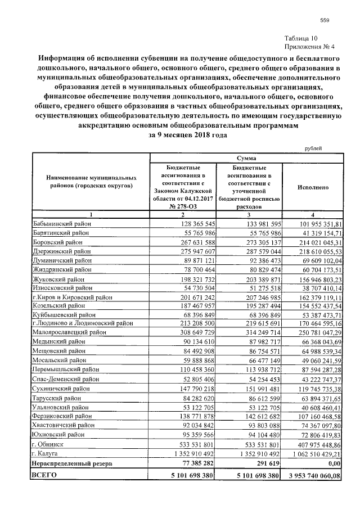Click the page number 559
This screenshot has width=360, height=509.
click(324, 21)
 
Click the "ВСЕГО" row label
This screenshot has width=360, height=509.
click(46, 475)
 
